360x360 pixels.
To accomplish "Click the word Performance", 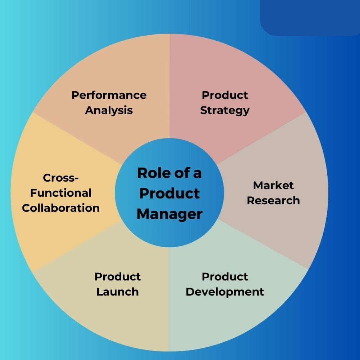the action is click(x=109, y=95).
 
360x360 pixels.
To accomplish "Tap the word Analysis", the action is click(x=109, y=110).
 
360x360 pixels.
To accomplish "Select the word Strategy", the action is click(x=225, y=111).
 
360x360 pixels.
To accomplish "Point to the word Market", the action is click(x=273, y=185).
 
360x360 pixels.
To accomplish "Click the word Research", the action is click(x=273, y=200).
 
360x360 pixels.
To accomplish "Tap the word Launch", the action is click(x=118, y=292).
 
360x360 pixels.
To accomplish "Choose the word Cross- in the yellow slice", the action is click(x=61, y=178).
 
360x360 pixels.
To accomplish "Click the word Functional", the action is click(x=61, y=193).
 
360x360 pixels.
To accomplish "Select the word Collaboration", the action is click(x=61, y=208).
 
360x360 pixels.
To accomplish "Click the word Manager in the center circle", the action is click(x=169, y=214).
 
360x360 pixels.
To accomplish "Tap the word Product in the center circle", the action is click(x=169, y=193).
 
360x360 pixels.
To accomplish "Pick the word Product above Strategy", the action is click(x=225, y=95).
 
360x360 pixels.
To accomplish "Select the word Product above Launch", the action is click(x=118, y=277).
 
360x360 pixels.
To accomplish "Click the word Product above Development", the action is click(x=225, y=277).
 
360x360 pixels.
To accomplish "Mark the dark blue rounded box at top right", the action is click(x=310, y=18).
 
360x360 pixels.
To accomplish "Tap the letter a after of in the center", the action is click(x=197, y=174).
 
